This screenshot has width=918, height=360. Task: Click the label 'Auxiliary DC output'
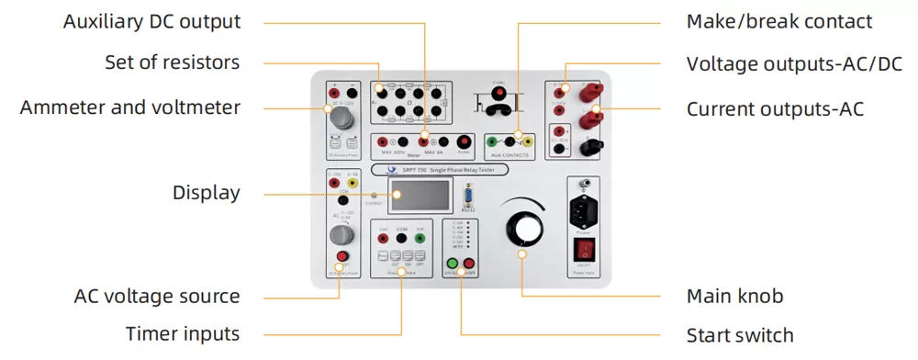tap(151, 22)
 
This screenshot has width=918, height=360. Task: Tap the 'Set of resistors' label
tap(172, 63)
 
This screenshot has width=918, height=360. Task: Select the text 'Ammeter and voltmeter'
tap(130, 107)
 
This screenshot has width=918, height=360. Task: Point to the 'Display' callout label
tap(206, 193)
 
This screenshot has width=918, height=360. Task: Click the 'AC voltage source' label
tap(157, 297)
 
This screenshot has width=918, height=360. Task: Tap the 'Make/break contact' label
tap(779, 22)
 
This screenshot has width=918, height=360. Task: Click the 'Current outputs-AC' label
tap(775, 109)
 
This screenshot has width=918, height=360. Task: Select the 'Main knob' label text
tap(734, 297)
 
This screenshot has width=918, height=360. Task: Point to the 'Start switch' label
tap(740, 334)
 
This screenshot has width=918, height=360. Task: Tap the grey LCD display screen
tap(421, 195)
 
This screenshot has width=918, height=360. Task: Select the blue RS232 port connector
tap(469, 194)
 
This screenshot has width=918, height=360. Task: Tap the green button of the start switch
tap(452, 264)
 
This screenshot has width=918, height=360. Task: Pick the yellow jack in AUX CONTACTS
tap(528, 141)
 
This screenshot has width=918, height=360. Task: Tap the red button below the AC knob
tap(342, 256)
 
